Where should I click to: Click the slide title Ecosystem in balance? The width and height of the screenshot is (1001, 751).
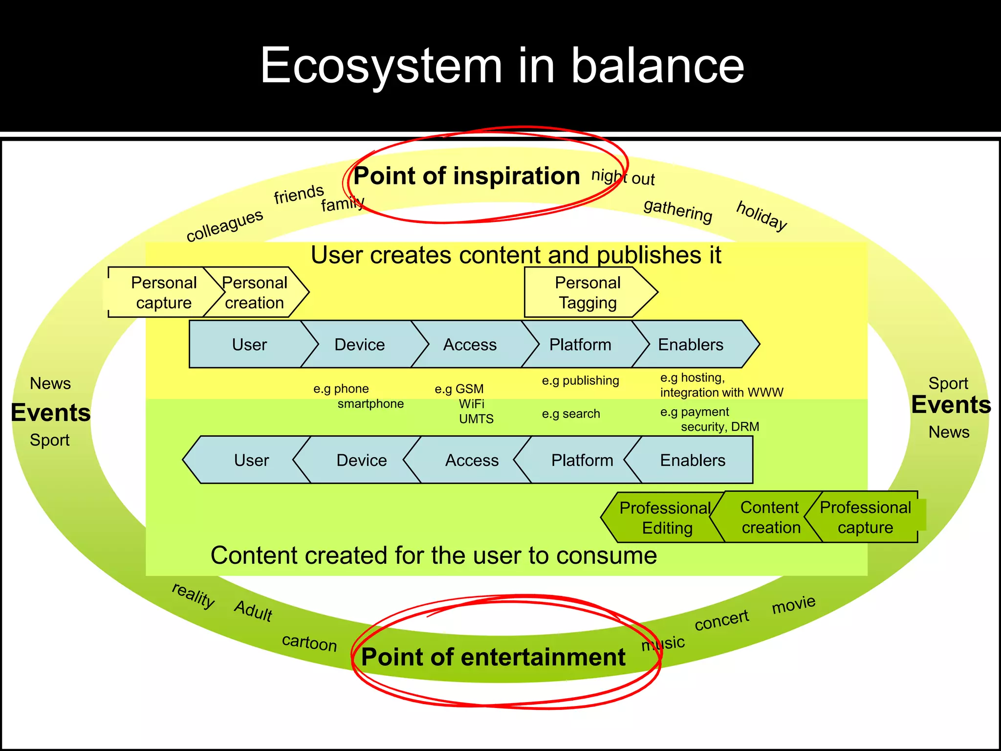(501, 66)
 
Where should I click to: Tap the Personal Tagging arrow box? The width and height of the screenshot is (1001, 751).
(588, 292)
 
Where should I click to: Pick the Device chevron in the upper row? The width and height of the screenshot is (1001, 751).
(360, 345)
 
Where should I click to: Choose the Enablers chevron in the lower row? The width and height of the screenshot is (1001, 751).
(693, 460)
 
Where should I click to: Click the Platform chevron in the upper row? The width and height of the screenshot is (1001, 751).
(580, 345)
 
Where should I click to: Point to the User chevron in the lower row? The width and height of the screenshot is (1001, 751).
(251, 460)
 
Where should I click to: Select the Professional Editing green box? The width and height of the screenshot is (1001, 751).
(666, 518)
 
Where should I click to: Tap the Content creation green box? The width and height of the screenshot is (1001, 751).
(770, 517)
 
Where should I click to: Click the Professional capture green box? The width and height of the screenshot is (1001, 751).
(866, 517)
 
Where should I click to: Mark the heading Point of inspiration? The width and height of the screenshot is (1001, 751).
(466, 176)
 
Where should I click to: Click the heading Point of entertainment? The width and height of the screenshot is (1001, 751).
(493, 657)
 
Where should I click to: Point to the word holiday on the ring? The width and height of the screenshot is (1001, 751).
(762, 216)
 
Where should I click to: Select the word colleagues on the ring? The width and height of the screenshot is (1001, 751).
(225, 225)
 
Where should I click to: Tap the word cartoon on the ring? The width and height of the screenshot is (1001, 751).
(309, 642)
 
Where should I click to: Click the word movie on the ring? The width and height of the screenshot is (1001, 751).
(793, 604)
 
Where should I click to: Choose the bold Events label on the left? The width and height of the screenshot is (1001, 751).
(51, 413)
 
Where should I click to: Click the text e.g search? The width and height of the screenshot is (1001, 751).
(571, 414)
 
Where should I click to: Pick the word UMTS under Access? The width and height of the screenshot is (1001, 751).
(476, 419)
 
